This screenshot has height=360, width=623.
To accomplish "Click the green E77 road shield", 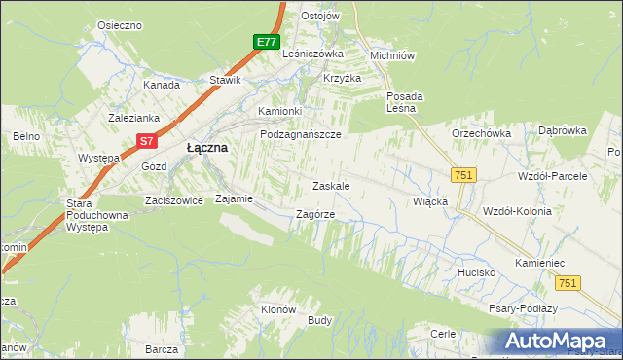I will pos(268,42).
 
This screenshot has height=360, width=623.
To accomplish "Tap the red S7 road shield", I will pos(145,141).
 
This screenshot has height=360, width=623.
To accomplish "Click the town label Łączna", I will pos(206,147).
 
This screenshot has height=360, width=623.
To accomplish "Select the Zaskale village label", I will pos(330,185).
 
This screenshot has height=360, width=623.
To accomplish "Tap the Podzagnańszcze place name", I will pos(300,135).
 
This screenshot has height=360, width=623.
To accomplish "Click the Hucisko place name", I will pos(478,273).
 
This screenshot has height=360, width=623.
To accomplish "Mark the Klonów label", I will pos(277,309).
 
